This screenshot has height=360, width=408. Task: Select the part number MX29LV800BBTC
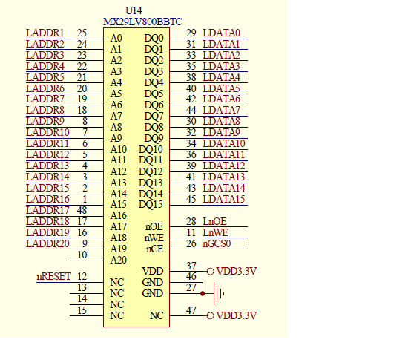[142, 22]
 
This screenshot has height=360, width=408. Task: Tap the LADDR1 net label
[45, 33]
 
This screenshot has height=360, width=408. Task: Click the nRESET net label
[54, 276]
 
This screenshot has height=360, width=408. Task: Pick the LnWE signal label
[215, 232]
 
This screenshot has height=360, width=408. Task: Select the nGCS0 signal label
[217, 243]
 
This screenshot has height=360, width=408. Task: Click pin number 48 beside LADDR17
[82, 210]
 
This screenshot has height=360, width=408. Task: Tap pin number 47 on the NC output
[191, 310]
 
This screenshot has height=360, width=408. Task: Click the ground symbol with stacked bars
[217, 294]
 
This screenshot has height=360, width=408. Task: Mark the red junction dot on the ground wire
[203, 294]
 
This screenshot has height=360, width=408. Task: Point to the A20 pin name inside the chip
[118, 260]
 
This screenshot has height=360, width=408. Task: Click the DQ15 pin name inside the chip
[151, 204]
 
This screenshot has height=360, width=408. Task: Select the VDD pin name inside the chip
[152, 271]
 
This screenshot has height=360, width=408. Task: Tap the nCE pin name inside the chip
[154, 249]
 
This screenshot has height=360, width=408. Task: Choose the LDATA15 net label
[224, 199]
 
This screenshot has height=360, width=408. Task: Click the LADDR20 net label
[47, 243]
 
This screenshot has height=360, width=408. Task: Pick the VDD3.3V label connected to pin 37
[237, 272]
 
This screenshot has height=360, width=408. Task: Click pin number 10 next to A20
[82, 255]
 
